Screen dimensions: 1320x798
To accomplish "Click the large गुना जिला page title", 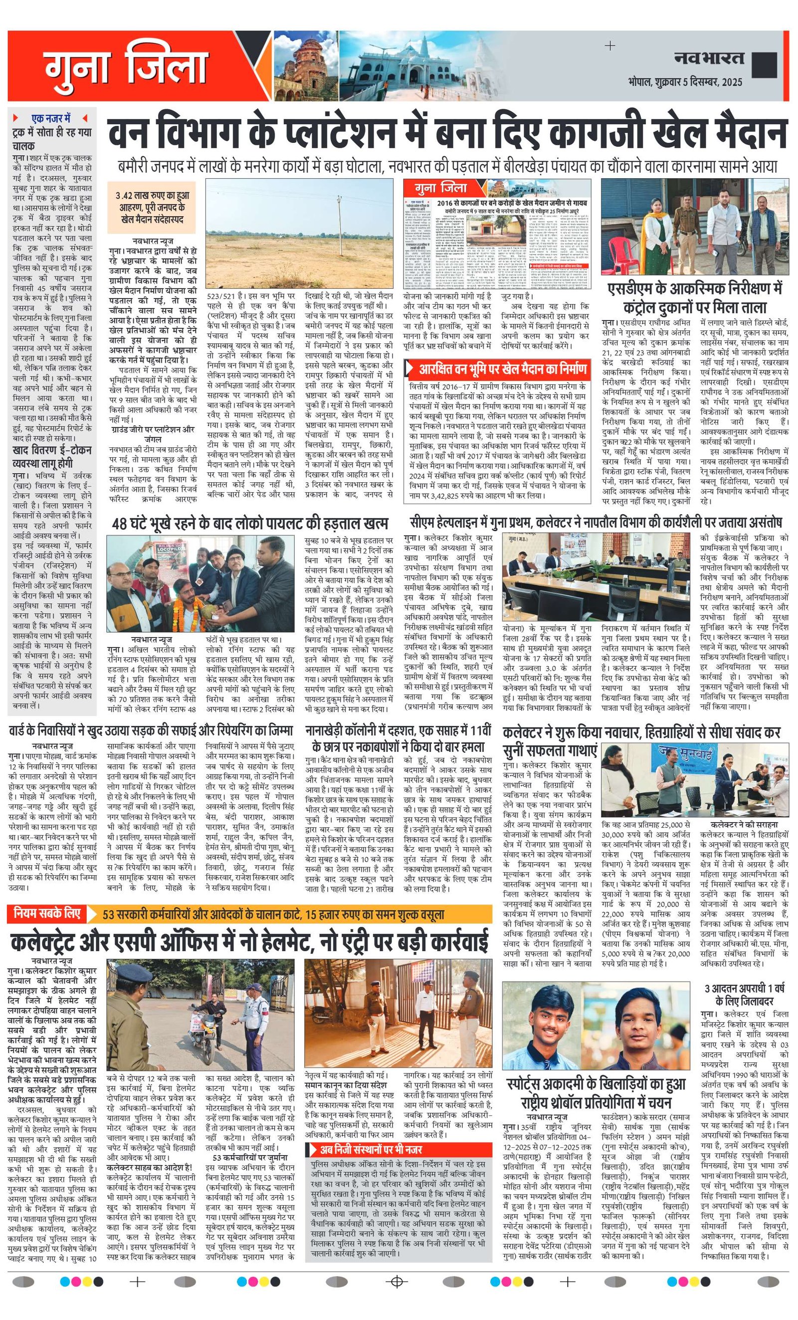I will pyautogui.click(x=125, y=68).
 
